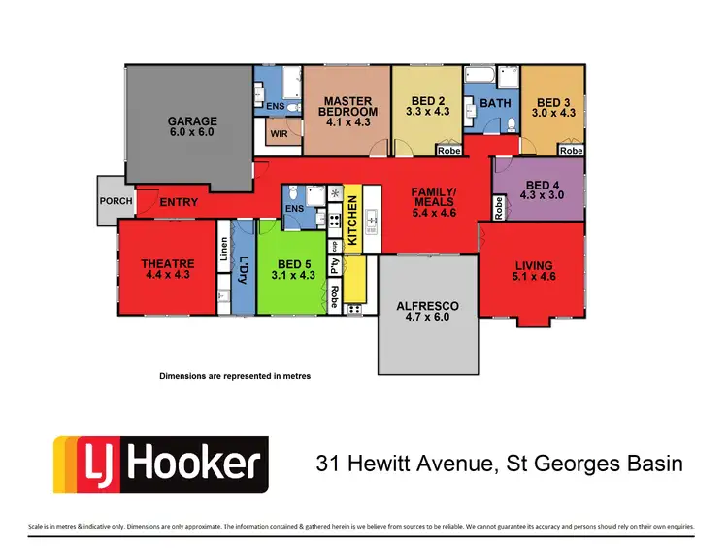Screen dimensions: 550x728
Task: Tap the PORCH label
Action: (x=116, y=201)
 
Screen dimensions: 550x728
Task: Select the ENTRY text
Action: (x=179, y=202)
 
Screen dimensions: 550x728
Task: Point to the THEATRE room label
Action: (x=167, y=263)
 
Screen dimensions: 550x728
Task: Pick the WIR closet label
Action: (x=279, y=133)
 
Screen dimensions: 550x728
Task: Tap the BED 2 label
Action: (x=428, y=101)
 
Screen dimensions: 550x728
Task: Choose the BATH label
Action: (x=496, y=102)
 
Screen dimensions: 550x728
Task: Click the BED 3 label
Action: (x=556, y=101)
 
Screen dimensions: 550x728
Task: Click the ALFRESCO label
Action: (x=428, y=306)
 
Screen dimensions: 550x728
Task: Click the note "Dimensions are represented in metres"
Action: (x=234, y=375)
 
